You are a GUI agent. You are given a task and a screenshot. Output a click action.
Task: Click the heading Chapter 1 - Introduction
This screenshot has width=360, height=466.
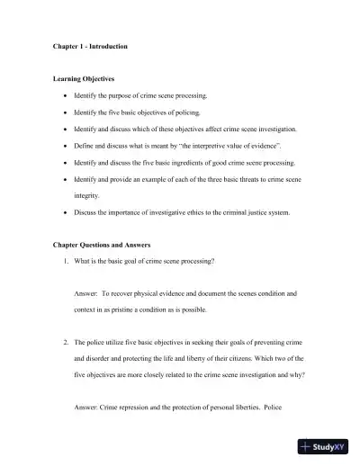coord(89,46)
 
